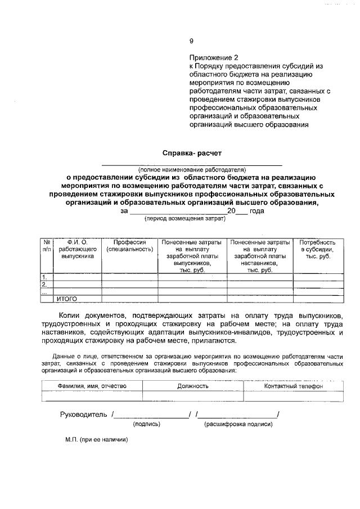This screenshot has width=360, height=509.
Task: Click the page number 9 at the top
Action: pyautogui.click(x=191, y=41)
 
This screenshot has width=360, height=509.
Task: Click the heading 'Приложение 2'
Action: pyautogui.click(x=214, y=57)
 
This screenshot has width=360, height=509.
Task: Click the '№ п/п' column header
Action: pyautogui.click(x=47, y=245)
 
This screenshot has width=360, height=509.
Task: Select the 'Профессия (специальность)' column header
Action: pyautogui.click(x=130, y=245)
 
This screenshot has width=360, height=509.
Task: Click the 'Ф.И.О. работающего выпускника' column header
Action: pyautogui.click(x=78, y=249)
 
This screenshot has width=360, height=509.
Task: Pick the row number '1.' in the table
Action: pyautogui.click(x=45, y=277)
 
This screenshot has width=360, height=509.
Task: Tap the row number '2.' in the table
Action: pyautogui.click(x=45, y=285)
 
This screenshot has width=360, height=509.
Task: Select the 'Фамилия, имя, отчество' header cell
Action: pyautogui.click(x=92, y=386)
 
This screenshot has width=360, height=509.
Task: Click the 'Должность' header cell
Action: pyautogui.click(x=193, y=386)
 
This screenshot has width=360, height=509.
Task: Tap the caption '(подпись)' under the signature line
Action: pyautogui.click(x=147, y=424)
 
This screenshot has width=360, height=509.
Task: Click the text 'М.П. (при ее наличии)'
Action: pyautogui.click(x=96, y=440)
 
